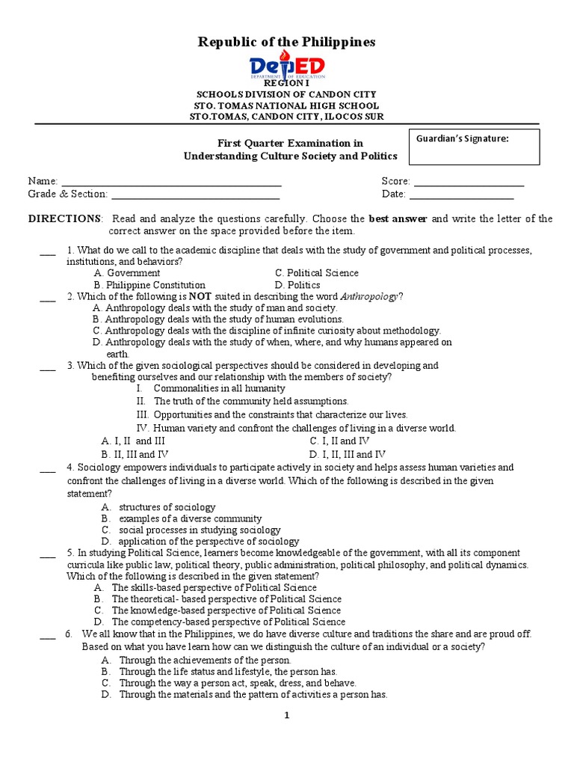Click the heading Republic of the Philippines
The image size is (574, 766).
point(286,42)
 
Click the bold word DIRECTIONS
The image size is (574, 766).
point(64,218)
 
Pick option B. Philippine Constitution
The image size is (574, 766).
point(149,285)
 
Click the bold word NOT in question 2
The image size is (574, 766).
point(200,296)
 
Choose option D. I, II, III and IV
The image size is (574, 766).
point(348,454)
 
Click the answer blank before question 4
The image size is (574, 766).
point(48,470)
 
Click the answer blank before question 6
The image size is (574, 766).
point(48,636)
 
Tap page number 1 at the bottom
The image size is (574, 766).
point(286,716)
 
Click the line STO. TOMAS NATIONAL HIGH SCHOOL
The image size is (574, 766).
point(286,106)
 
